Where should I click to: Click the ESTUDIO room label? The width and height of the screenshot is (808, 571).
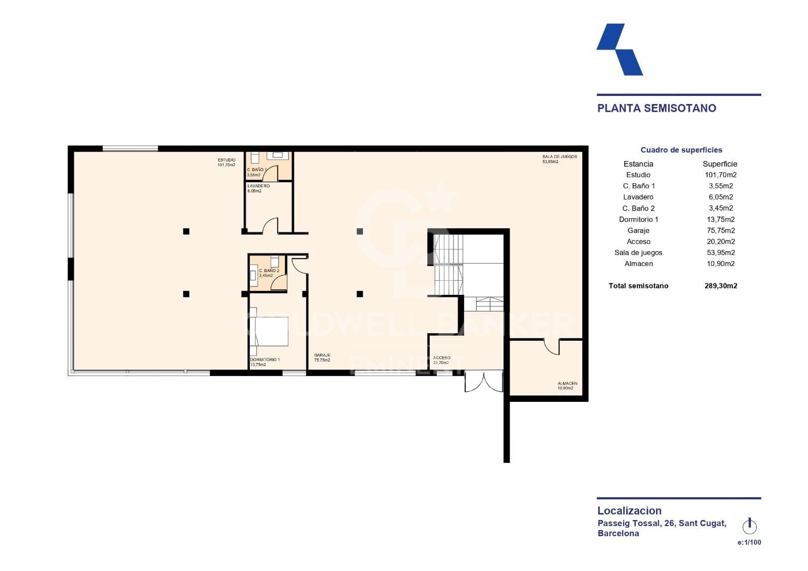(226, 160)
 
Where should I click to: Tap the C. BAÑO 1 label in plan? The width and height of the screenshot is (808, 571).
(257, 170)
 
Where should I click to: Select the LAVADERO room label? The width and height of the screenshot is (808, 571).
(258, 186)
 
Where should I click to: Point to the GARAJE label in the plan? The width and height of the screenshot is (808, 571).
(322, 355)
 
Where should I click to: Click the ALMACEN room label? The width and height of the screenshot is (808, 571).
(567, 384)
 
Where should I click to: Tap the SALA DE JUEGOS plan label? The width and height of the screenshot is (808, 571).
(559, 157)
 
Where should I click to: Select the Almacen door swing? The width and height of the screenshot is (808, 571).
(552, 347)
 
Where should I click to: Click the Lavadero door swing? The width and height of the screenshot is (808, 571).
(270, 226)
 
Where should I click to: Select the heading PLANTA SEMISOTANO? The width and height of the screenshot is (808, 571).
(656, 108)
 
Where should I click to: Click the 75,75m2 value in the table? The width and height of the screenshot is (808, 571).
(721, 230)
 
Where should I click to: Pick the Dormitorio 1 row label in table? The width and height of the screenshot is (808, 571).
(638, 219)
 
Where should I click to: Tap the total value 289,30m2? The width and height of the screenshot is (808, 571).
(721, 286)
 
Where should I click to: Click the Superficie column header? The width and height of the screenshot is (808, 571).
(720, 164)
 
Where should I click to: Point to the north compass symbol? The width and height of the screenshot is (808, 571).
(749, 526)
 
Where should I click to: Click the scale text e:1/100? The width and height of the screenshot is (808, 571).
(749, 542)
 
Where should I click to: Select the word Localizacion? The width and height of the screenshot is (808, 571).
(629, 510)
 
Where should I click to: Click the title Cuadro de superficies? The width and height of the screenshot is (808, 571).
(681, 150)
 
